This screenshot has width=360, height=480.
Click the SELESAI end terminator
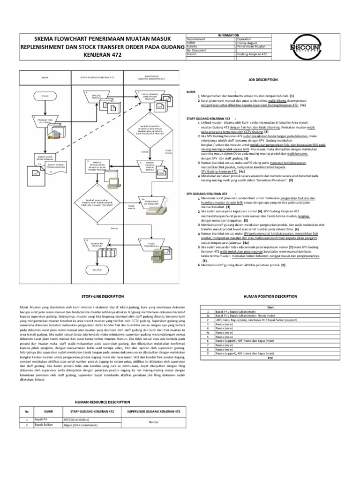[x=97, y=270]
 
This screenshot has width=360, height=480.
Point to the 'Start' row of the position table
[x=270, y=307]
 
